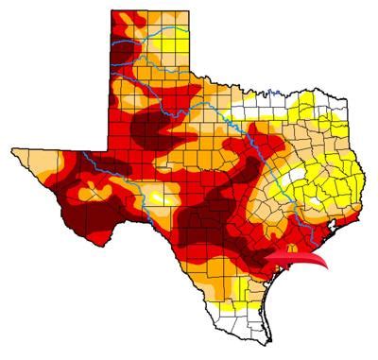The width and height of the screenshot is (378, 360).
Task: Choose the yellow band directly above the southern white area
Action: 236,304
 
